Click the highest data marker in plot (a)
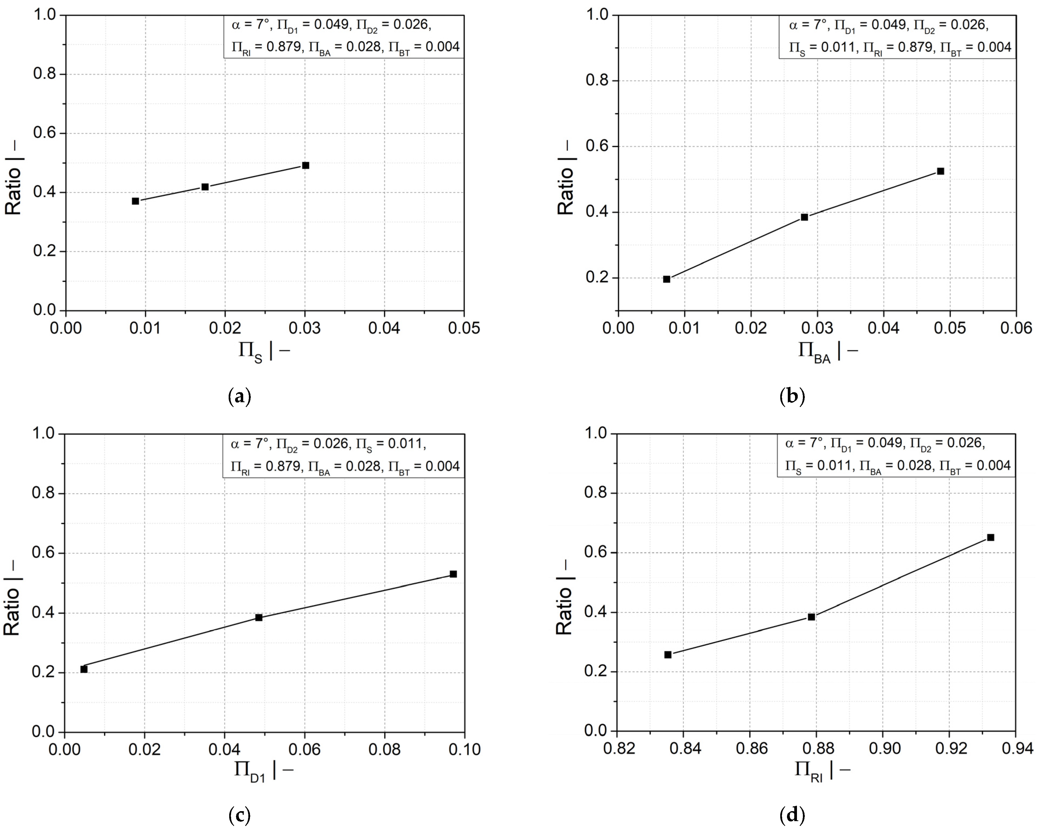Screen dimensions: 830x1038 [x=305, y=165]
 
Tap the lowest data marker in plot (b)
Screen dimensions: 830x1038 [x=667, y=279]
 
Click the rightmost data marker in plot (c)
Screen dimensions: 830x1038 [x=453, y=574]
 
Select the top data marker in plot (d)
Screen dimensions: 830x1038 [x=990, y=537]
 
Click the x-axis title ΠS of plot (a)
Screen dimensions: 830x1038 [x=264, y=352]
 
